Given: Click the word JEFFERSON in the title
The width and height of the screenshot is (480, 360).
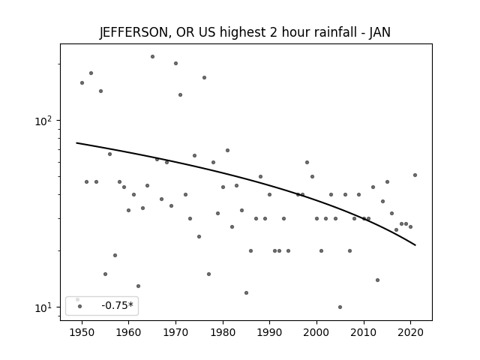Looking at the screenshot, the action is click(133, 32).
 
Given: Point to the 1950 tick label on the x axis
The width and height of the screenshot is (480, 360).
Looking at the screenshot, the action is click(82, 332).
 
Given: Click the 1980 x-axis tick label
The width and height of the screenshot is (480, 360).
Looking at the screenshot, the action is click(223, 332).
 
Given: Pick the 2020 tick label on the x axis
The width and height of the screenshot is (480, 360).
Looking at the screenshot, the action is click(410, 332).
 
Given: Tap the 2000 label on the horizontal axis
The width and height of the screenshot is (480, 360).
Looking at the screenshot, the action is click(316, 332).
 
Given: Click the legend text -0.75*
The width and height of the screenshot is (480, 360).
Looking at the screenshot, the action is click(118, 305).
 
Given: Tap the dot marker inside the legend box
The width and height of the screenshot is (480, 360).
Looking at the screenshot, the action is click(80, 306).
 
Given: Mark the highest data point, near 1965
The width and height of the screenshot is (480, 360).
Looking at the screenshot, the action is click(152, 57).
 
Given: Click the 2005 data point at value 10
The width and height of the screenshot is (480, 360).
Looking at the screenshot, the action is click(340, 307).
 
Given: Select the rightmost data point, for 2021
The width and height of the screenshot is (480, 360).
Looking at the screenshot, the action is click(415, 175).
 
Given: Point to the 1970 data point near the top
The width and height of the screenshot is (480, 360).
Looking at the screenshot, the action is click(175, 63).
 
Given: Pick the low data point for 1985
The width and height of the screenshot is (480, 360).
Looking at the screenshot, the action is click(246, 293).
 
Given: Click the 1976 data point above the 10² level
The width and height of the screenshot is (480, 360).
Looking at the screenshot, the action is click(204, 78).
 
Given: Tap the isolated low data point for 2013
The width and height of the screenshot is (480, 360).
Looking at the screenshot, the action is click(377, 280).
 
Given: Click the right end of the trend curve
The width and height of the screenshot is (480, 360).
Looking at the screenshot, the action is click(415, 245).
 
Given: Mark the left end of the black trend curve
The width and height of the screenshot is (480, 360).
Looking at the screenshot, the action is click(76, 143).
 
